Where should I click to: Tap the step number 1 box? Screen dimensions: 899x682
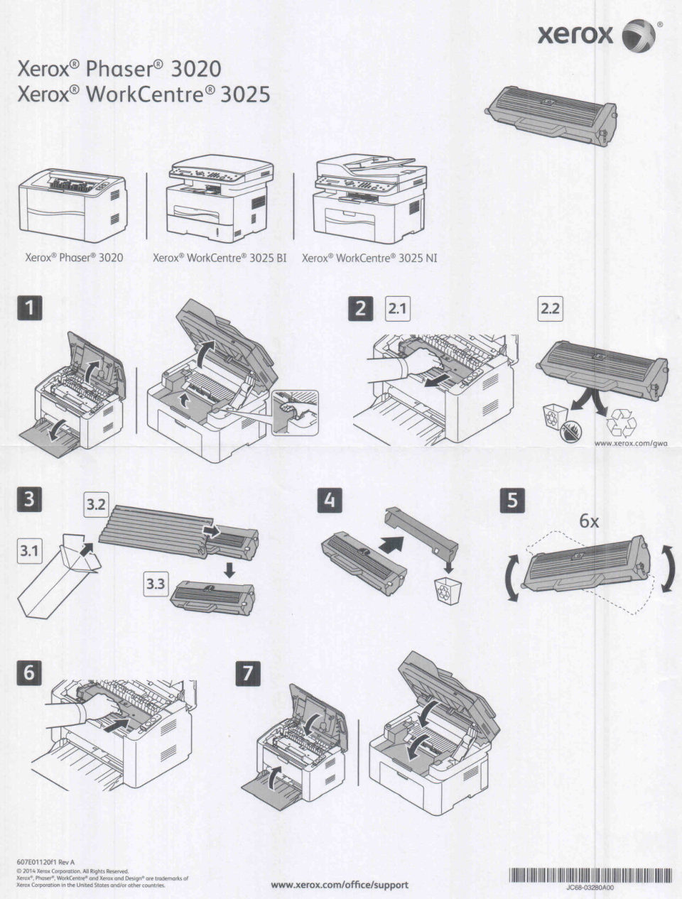click(x=29, y=309)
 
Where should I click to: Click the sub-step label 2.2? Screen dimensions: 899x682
click(x=550, y=308)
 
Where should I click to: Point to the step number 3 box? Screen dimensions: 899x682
click(x=29, y=498)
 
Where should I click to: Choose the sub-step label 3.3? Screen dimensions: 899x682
click(x=156, y=584)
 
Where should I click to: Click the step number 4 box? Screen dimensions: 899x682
click(x=328, y=501)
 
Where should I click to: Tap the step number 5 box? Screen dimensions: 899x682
click(x=513, y=501)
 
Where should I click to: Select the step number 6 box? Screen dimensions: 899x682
click(x=29, y=672)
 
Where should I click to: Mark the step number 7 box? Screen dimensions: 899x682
click(x=247, y=672)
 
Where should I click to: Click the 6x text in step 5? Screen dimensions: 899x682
click(x=589, y=521)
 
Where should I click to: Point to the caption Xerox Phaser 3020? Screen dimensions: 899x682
click(x=74, y=258)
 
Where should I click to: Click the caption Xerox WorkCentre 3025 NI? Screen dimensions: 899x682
click(x=369, y=258)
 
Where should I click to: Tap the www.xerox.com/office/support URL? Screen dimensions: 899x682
click(x=340, y=885)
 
